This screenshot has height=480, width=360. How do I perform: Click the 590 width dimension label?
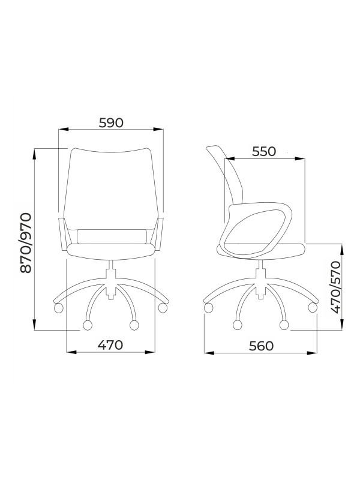pyautogui.click(x=111, y=123)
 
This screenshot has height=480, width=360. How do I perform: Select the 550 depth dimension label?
pyautogui.click(x=264, y=152)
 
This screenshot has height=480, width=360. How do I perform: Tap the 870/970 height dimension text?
pyautogui.click(x=26, y=243)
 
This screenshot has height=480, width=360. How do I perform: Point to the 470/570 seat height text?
pyautogui.click(x=336, y=287)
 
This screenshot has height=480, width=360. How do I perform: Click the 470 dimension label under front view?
pyautogui.click(x=110, y=345)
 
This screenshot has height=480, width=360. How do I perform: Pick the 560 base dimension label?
pyautogui.click(x=261, y=346)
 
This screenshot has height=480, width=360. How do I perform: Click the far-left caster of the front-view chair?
pyautogui.click(x=58, y=308)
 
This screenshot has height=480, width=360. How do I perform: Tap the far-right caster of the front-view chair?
pyautogui.click(x=163, y=308)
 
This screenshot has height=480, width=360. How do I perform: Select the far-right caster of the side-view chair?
pyautogui.click(x=312, y=308)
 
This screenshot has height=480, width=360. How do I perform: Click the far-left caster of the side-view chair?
pyautogui.click(x=208, y=308)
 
